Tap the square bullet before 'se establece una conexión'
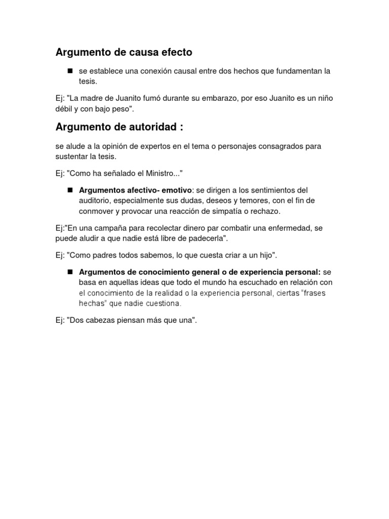coord(70,70)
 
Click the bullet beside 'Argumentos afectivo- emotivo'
coord(70,190)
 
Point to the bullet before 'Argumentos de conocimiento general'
coord(70,272)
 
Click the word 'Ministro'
coord(160,173)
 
